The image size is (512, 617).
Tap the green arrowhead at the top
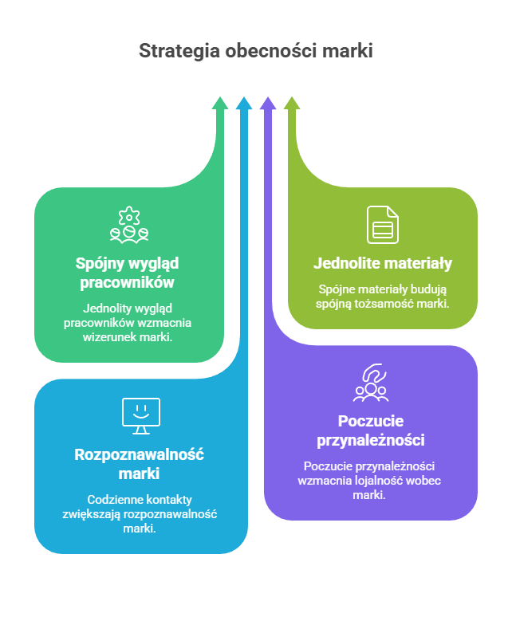[x=220, y=103]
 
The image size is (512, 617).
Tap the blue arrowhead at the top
[x=244, y=103]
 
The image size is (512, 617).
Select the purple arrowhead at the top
[x=268, y=103]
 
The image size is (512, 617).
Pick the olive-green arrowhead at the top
[x=292, y=103]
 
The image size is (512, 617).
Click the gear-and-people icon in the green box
[x=129, y=224]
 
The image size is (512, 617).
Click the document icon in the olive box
[x=383, y=224]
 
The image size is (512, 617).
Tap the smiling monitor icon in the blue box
[x=141, y=415]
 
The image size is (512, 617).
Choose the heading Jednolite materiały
[x=383, y=263]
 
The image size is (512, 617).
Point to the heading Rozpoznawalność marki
[x=140, y=464]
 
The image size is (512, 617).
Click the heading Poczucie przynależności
[x=370, y=430]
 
